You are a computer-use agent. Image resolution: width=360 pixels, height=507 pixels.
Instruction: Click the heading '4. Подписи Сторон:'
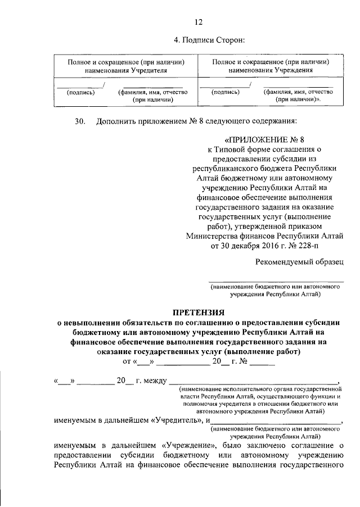(211, 40)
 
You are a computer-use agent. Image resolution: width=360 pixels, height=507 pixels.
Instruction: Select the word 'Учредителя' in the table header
(149, 71)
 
